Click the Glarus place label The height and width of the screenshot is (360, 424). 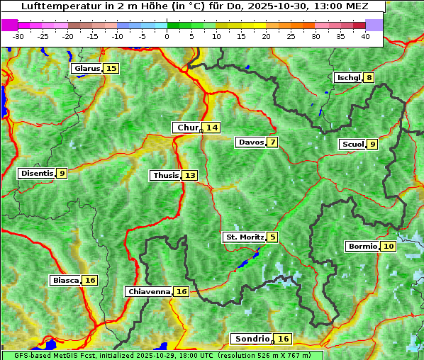[86, 69]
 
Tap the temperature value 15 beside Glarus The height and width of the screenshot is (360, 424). [111, 69]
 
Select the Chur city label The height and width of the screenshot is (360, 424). [186, 128]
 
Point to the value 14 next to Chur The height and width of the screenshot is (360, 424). [212, 128]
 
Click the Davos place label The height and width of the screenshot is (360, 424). [250, 142]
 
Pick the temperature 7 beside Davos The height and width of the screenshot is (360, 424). [272, 142]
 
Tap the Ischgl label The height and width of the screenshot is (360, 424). [348, 77]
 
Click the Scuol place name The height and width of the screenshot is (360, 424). [352, 145]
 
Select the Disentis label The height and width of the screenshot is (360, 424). [37, 173]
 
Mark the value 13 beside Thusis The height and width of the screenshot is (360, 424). [190, 175]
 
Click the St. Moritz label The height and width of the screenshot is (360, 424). [244, 237]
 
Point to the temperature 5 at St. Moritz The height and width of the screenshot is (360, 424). [272, 237]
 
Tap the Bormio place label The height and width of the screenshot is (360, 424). [362, 247]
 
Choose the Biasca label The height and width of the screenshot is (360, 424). [65, 280]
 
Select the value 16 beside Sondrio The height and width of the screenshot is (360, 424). [283, 339]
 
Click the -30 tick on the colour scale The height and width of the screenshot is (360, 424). [18, 36]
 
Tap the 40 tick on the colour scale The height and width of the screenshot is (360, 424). [365, 36]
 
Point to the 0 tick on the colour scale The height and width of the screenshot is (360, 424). [167, 36]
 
